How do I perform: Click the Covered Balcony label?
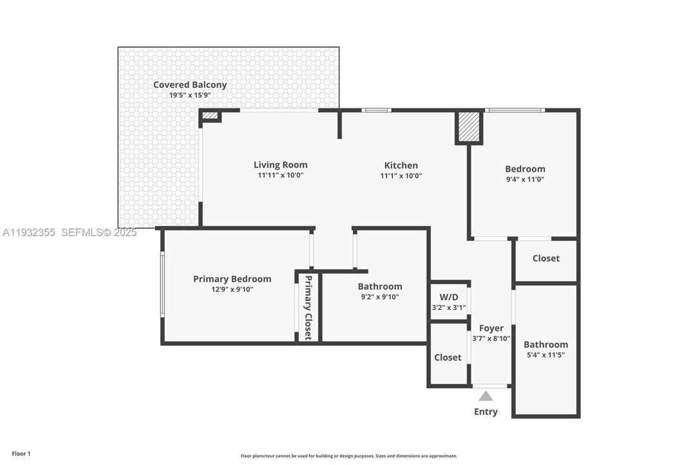point(190,85)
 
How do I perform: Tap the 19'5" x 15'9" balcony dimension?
point(190,95)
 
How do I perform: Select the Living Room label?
point(280,165)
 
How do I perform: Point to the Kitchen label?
point(401,165)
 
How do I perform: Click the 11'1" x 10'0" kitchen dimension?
point(401,176)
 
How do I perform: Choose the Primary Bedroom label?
point(232,279)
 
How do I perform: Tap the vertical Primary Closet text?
point(308,307)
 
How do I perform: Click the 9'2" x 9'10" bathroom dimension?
point(380,297)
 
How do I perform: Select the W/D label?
point(448,298)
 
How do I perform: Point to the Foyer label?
point(491,328)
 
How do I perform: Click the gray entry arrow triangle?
point(486,396)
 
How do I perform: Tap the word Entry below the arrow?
point(486,412)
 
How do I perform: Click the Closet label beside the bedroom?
point(546,258)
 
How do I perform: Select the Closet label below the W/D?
point(447,357)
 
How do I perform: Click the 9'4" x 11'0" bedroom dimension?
point(524,180)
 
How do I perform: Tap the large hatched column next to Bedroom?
point(469,127)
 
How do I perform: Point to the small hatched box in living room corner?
point(210,116)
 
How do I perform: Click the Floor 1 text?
point(21,454)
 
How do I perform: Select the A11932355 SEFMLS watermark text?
point(70,232)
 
